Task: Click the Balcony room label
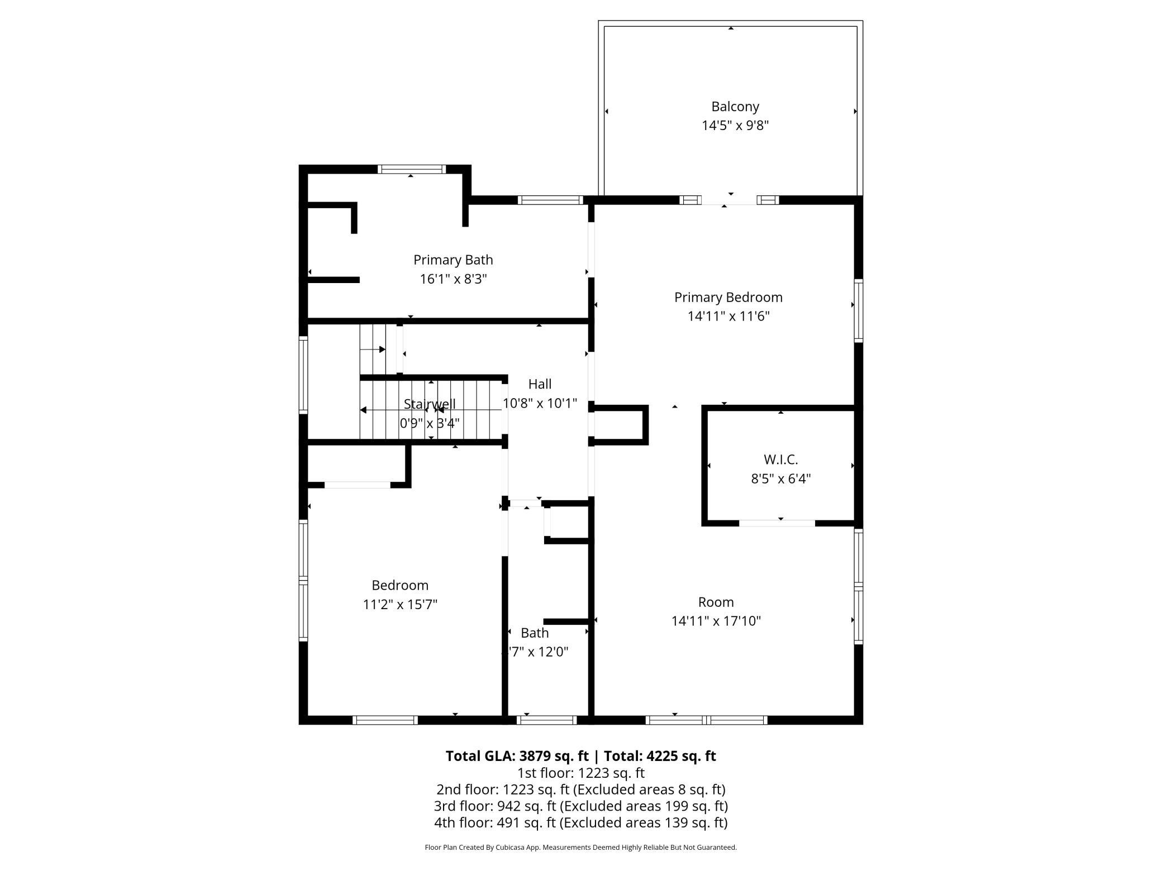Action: [735, 107]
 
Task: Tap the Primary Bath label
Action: [453, 260]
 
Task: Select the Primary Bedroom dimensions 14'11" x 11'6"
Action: [728, 316]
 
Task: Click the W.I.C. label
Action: [780, 460]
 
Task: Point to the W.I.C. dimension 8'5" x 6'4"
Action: [780, 478]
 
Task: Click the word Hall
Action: [540, 384]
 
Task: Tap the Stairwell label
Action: [430, 404]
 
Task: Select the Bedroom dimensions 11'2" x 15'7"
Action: [400, 604]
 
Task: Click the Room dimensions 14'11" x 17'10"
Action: [716, 621]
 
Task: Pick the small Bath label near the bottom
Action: [535, 633]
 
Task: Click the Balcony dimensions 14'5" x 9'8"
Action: [735, 126]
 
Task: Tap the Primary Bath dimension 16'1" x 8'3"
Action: [453, 279]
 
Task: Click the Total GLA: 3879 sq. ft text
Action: [517, 756]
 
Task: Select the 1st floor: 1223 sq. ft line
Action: [581, 773]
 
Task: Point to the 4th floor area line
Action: [581, 822]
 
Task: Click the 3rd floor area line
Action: [581, 806]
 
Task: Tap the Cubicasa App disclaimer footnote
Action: [581, 848]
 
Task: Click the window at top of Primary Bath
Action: [411, 169]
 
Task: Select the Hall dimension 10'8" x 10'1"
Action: [540, 403]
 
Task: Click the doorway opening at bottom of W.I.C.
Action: [777, 523]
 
